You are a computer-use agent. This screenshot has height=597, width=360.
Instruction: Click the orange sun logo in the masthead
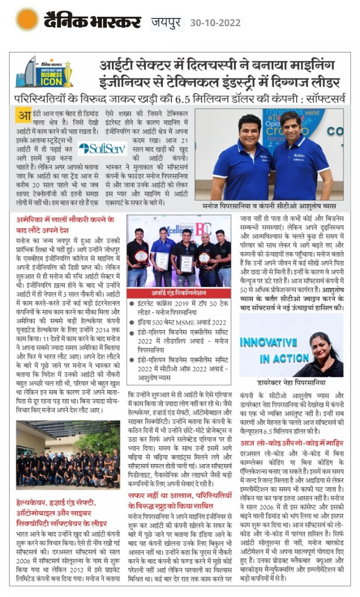pyautogui.click(x=27, y=20)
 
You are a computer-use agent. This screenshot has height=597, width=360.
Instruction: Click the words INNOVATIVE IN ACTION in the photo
pyautogui.click(x=269, y=350)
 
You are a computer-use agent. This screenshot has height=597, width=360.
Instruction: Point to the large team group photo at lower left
pyautogui.click(x=67, y=455)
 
